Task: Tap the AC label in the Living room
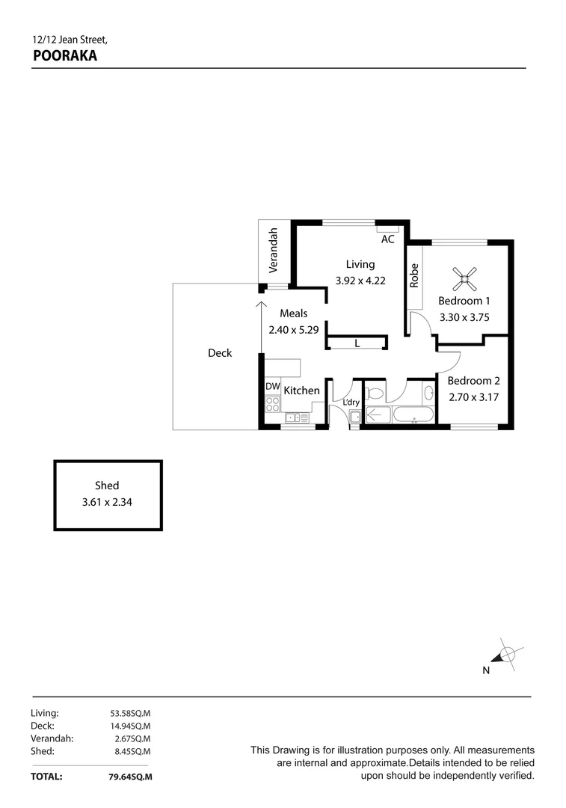point(387,239)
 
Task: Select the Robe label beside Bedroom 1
point(413,276)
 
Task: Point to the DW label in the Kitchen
point(272,387)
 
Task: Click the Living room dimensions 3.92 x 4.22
point(360,281)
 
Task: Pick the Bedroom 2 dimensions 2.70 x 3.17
point(473,397)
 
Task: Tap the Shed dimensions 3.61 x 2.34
point(106,503)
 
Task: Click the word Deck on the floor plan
point(220,353)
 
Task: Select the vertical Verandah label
point(274,249)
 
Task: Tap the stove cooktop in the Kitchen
point(272,405)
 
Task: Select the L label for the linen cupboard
point(357,344)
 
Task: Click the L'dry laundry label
point(351,403)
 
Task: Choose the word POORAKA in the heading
point(65,55)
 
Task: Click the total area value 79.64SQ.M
point(130,777)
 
